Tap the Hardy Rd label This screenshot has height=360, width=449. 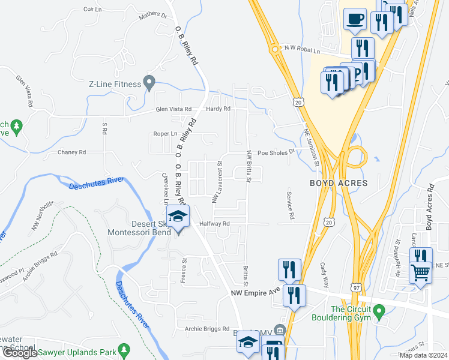218,109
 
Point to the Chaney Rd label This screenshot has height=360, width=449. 72,152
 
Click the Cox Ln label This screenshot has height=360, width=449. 93,10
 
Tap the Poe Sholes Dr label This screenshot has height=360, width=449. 277,152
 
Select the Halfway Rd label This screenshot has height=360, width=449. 215,224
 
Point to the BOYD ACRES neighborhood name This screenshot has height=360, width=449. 334,182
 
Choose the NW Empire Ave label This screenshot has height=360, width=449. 256,293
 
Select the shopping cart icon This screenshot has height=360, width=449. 420,272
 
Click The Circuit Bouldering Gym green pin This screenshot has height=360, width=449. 378,311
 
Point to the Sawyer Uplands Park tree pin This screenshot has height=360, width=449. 124,349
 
